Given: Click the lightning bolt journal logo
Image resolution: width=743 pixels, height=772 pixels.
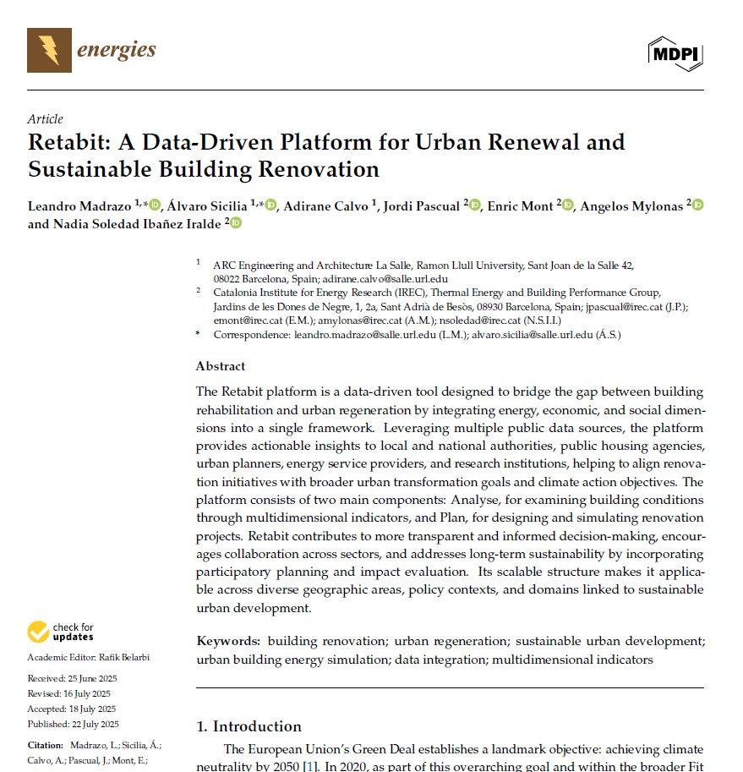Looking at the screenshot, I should pyautogui.click(x=49, y=50).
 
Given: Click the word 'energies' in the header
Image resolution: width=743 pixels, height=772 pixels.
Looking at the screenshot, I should pyautogui.click(x=117, y=50).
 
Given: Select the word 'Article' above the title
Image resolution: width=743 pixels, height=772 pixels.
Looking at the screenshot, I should pyautogui.click(x=45, y=119).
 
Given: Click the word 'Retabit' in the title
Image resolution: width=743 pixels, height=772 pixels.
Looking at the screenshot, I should pyautogui.click(x=68, y=142).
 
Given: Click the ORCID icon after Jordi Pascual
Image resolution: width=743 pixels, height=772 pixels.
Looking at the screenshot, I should pyautogui.click(x=475, y=205).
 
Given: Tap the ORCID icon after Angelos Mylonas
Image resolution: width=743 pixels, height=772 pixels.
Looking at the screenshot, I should pyautogui.click(x=698, y=205).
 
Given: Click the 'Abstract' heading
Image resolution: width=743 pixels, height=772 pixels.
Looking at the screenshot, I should pyautogui.click(x=221, y=366).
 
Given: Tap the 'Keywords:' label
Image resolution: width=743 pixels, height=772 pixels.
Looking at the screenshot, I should pyautogui.click(x=228, y=642).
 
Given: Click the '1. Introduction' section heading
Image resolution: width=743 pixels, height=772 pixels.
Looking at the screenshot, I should pyautogui.click(x=249, y=726).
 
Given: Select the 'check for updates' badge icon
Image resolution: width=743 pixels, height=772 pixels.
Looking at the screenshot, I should pyautogui.click(x=38, y=632).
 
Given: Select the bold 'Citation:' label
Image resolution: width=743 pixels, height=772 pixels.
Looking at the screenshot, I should pyautogui.click(x=45, y=745).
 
